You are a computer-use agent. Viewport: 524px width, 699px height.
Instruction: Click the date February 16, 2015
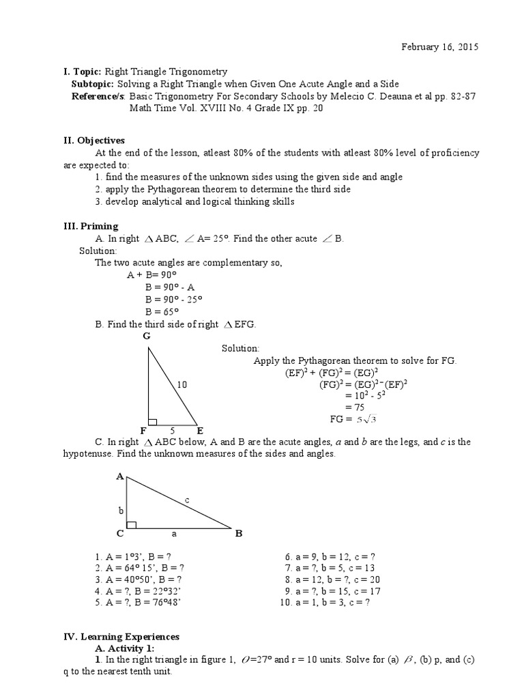click(x=439, y=47)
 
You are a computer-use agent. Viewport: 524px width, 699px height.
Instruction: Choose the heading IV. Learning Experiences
click(x=121, y=636)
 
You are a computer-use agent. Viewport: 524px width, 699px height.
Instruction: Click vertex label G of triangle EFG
click(x=146, y=337)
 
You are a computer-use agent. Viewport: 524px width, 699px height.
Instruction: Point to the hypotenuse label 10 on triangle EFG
click(x=181, y=384)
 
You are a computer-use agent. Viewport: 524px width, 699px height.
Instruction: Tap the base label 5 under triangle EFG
click(x=172, y=431)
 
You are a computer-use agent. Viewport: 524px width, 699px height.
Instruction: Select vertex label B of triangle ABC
click(x=239, y=533)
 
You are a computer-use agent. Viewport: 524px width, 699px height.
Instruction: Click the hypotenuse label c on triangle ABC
click(x=186, y=500)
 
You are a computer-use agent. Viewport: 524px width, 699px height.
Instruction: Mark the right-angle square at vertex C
click(x=132, y=524)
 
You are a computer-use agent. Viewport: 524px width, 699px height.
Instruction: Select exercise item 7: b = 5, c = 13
click(x=330, y=567)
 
